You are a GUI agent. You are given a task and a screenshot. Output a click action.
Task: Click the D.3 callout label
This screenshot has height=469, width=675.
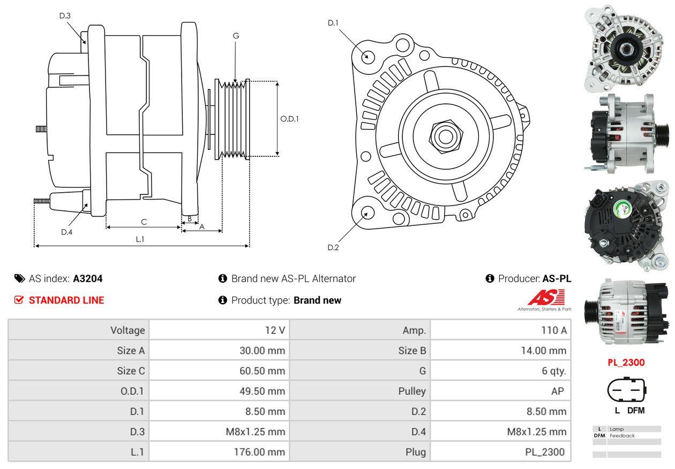click(65, 16)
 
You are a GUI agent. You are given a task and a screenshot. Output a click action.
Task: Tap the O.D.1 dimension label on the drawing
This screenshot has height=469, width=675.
click(289, 119)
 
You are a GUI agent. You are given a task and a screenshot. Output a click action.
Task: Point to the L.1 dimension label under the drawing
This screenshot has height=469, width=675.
click(140, 239)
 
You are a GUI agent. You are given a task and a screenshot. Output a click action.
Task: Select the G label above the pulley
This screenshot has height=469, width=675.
click(236, 36)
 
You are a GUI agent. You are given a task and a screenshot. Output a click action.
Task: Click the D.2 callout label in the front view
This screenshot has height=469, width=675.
click(333, 247)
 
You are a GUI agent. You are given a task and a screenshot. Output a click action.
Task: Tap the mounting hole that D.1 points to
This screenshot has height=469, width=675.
click(367, 56)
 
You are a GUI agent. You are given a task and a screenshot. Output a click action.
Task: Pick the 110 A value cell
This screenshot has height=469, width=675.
click(554, 330)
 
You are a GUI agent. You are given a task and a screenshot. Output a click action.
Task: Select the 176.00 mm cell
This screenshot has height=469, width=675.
click(261, 452)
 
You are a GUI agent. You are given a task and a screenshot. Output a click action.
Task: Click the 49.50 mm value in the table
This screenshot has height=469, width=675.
click(262, 391)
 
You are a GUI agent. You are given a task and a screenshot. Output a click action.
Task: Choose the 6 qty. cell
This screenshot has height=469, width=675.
click(554, 371)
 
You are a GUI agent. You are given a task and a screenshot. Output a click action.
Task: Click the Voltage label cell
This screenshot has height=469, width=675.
click(127, 330)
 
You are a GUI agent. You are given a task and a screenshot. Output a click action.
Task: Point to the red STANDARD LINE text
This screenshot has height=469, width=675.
click(66, 300)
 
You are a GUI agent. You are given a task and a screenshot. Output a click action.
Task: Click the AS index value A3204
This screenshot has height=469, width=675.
click(88, 278)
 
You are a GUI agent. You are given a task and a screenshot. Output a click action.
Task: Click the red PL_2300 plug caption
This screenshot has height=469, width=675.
click(626, 362)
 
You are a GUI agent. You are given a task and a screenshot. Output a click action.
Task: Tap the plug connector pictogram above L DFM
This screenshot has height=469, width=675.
click(625, 391)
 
